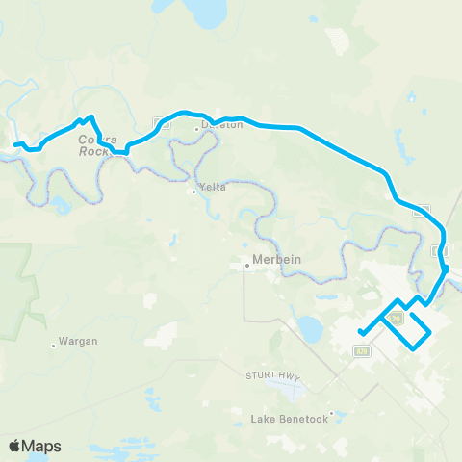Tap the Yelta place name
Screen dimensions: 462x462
coord(213,187)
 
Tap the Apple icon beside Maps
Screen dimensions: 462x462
coord(14,445)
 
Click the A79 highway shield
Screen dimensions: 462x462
coord(361,351)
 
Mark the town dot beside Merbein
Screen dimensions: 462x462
coord(246,265)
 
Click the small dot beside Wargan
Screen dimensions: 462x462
coord(53,345)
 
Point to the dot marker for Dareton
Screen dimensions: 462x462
coord(196,128)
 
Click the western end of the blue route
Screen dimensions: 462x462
coord(13,145)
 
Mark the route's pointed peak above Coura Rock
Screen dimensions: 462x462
coord(90,117)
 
